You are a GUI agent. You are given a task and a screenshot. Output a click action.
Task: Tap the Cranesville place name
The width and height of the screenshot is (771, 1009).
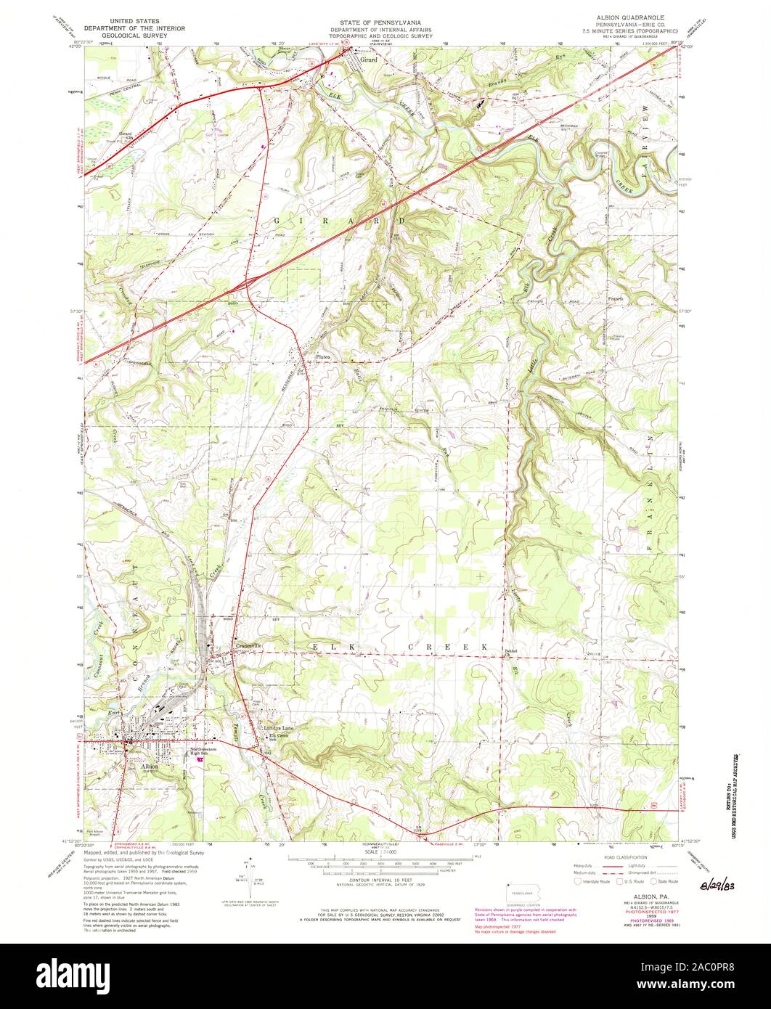(248, 645)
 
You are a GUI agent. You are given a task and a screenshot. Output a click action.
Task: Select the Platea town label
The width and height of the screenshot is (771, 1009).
(324, 356)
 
